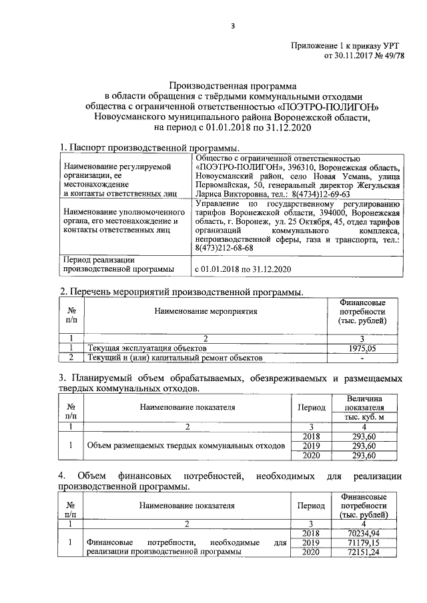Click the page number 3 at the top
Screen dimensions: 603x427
(x=233, y=26)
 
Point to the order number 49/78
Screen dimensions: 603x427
(x=390, y=56)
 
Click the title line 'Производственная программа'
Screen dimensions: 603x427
(x=231, y=86)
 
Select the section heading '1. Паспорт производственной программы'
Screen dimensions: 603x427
(x=149, y=147)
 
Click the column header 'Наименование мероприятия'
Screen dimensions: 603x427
(x=205, y=311)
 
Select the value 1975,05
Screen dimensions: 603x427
(x=363, y=348)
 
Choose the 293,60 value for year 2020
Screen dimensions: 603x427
(x=364, y=456)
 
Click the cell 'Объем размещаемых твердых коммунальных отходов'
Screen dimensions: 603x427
(x=182, y=446)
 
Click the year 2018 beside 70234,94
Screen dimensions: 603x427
(x=307, y=533)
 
